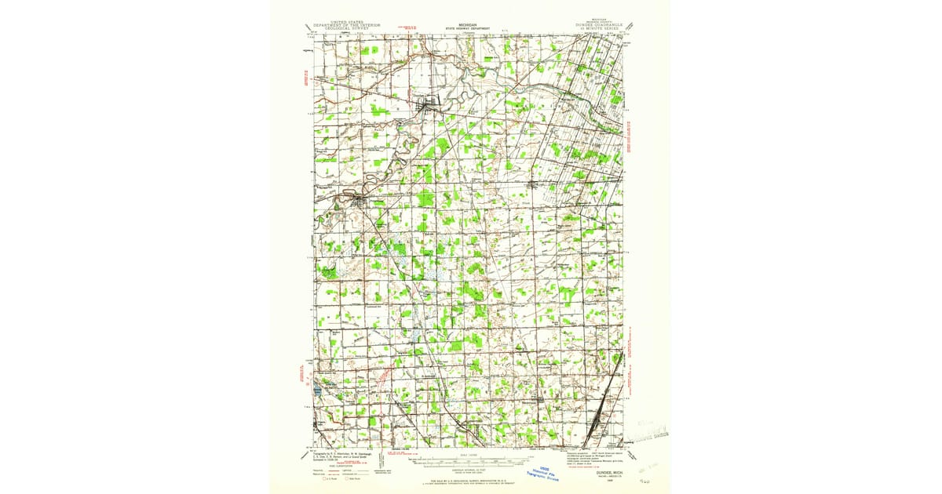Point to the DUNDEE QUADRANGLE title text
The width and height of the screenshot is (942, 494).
pyautogui.click(x=603, y=25)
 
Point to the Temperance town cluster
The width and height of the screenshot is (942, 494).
pyautogui.click(x=598, y=427)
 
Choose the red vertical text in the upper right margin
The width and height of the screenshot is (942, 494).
pyautogui.click(x=633, y=125)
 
